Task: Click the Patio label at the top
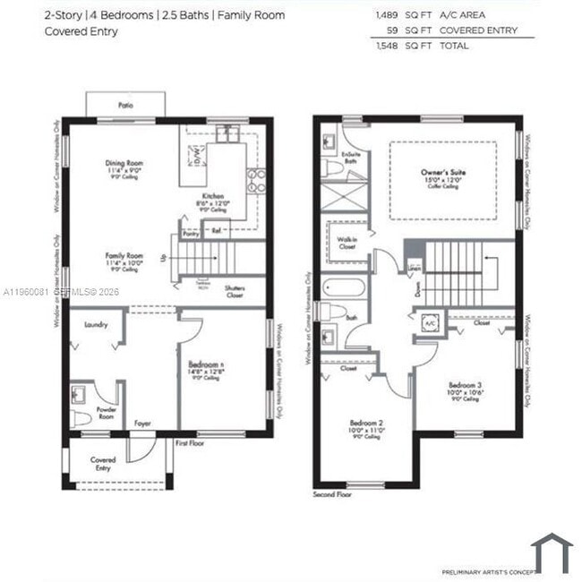124,105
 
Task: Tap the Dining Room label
124,164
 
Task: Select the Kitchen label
212,196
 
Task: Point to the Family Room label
124,255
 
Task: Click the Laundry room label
96,325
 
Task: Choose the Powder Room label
106,415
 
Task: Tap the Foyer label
142,423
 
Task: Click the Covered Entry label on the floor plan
103,463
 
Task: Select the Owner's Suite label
445,172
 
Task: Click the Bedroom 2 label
366,423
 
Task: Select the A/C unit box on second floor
430,323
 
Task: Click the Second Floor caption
332,494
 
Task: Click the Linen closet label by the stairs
414,267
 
